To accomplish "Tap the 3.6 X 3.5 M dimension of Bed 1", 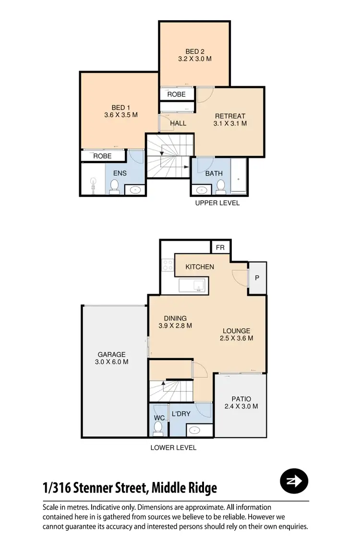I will tap(121, 115).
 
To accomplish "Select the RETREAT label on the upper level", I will tap(230, 116).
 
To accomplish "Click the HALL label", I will tap(178, 123).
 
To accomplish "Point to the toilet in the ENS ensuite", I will tap(115, 186).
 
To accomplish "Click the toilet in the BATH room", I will tap(220, 185).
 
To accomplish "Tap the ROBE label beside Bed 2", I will tap(177, 95).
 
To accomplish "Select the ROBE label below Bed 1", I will tap(102, 156).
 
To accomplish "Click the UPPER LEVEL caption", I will tap(217, 203).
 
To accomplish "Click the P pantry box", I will tap(257, 278).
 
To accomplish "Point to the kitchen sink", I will tap(192, 286).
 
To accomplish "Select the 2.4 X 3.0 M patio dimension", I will tap(241, 406).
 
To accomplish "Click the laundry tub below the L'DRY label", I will tap(194, 430).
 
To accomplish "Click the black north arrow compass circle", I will tap(293, 481).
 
